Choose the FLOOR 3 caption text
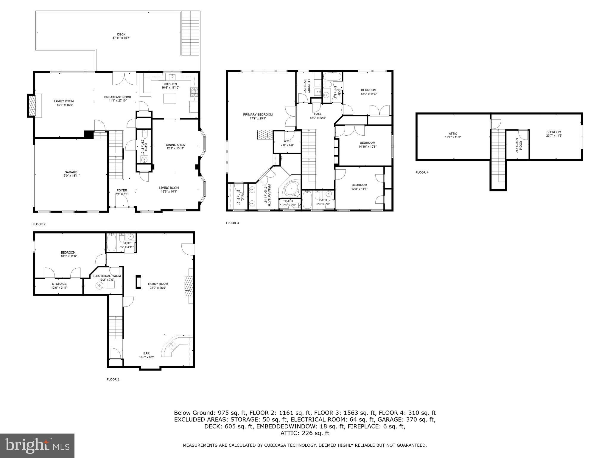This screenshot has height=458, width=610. pos(232,223)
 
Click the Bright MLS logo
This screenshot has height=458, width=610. pos(37,446)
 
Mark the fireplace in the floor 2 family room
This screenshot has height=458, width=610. pos(32,105)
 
